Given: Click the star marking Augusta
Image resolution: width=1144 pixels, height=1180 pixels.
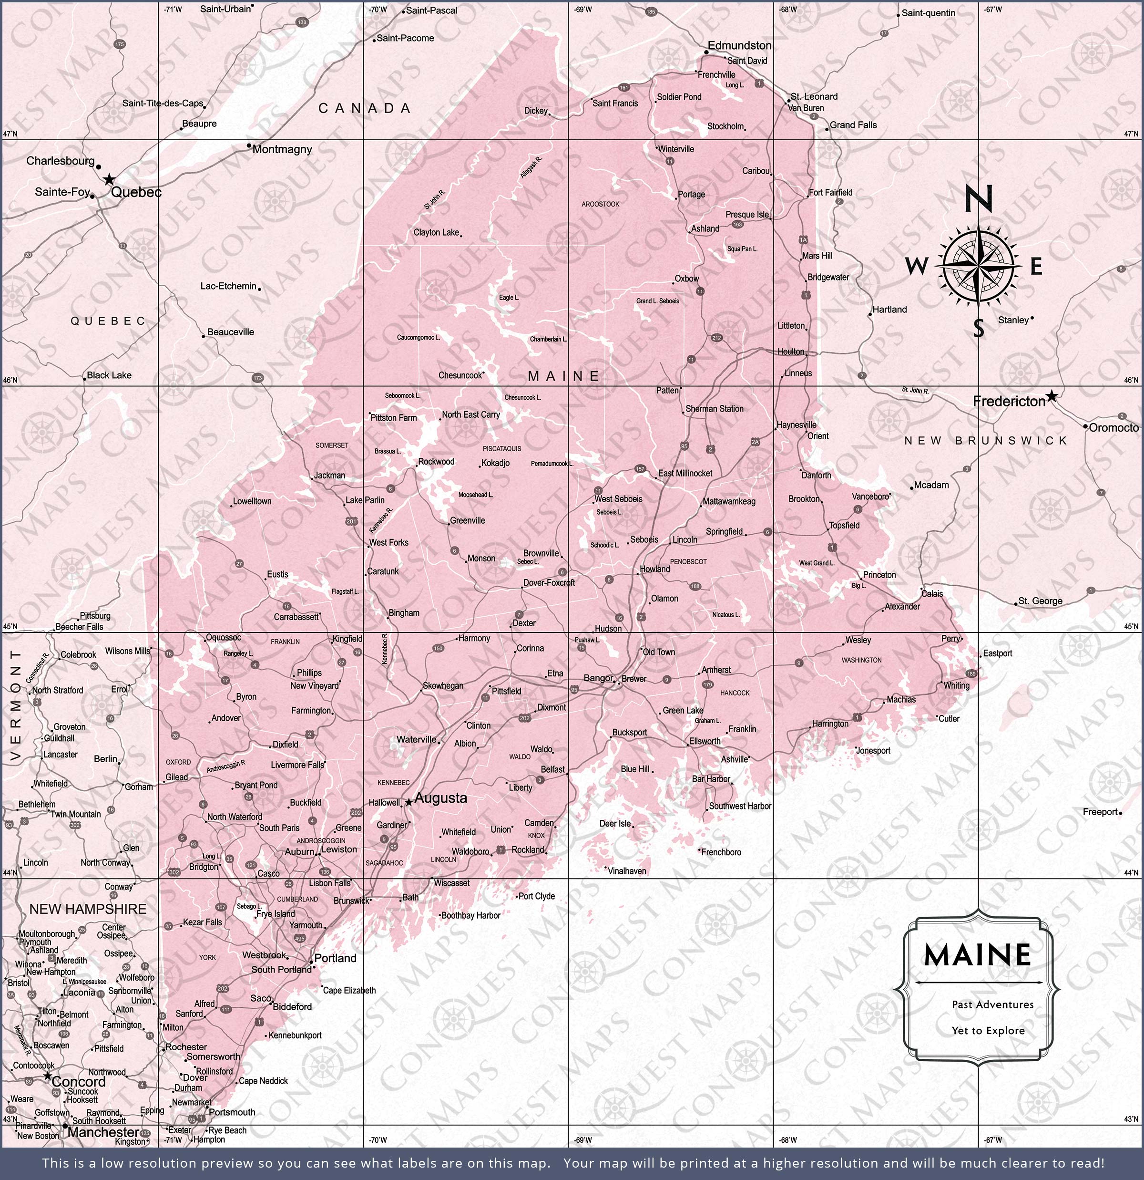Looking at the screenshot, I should (x=409, y=802).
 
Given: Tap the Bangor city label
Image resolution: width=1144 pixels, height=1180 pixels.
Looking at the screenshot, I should (x=598, y=678).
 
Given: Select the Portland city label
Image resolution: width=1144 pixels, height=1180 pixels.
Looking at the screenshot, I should (x=335, y=958).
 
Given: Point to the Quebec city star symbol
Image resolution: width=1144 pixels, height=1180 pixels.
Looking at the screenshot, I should (x=109, y=179).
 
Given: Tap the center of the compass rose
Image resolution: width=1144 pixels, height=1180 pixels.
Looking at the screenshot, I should (x=979, y=265).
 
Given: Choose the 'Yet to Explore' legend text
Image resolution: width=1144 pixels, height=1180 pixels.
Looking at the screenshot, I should (x=988, y=1030).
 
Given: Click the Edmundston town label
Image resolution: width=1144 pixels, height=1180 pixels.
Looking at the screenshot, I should (x=739, y=45).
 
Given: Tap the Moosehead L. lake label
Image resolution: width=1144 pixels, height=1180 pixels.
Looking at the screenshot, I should (x=475, y=494).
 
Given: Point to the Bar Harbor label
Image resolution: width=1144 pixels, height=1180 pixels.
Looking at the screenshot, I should (x=711, y=778).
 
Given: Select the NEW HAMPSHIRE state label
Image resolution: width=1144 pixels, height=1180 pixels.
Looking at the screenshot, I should (x=88, y=909).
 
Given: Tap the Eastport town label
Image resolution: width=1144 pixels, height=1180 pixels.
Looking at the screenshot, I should (x=997, y=653).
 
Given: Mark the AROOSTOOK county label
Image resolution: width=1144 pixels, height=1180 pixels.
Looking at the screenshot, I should (x=600, y=204).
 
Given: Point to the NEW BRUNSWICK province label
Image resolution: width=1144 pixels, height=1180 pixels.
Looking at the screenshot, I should (x=985, y=441).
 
